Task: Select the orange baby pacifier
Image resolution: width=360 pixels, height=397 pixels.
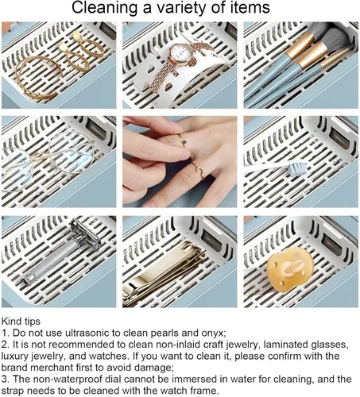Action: (x=290, y=269)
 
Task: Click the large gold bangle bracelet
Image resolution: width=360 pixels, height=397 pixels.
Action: (x=37, y=77)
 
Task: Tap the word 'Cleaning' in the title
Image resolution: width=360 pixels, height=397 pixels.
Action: (x=104, y=8)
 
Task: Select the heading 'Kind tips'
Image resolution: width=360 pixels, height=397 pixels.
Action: (x=21, y=322)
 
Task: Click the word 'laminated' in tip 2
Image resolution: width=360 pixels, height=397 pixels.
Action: (x=287, y=345)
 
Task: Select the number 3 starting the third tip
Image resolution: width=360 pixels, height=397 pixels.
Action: (x=5, y=379)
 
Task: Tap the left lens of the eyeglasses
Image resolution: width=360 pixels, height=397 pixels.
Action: (x=17, y=169)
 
